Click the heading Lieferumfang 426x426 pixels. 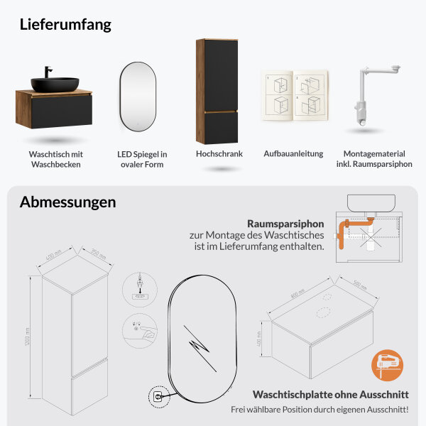pyautogui.click(x=65, y=24)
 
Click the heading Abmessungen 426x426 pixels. pyautogui.click(x=67, y=202)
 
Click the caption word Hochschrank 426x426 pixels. pyautogui.click(x=219, y=153)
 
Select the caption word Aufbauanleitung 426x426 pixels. pyautogui.click(x=293, y=153)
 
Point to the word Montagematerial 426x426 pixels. pyautogui.click(x=374, y=153)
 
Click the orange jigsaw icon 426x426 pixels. pyautogui.click(x=386, y=367)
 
